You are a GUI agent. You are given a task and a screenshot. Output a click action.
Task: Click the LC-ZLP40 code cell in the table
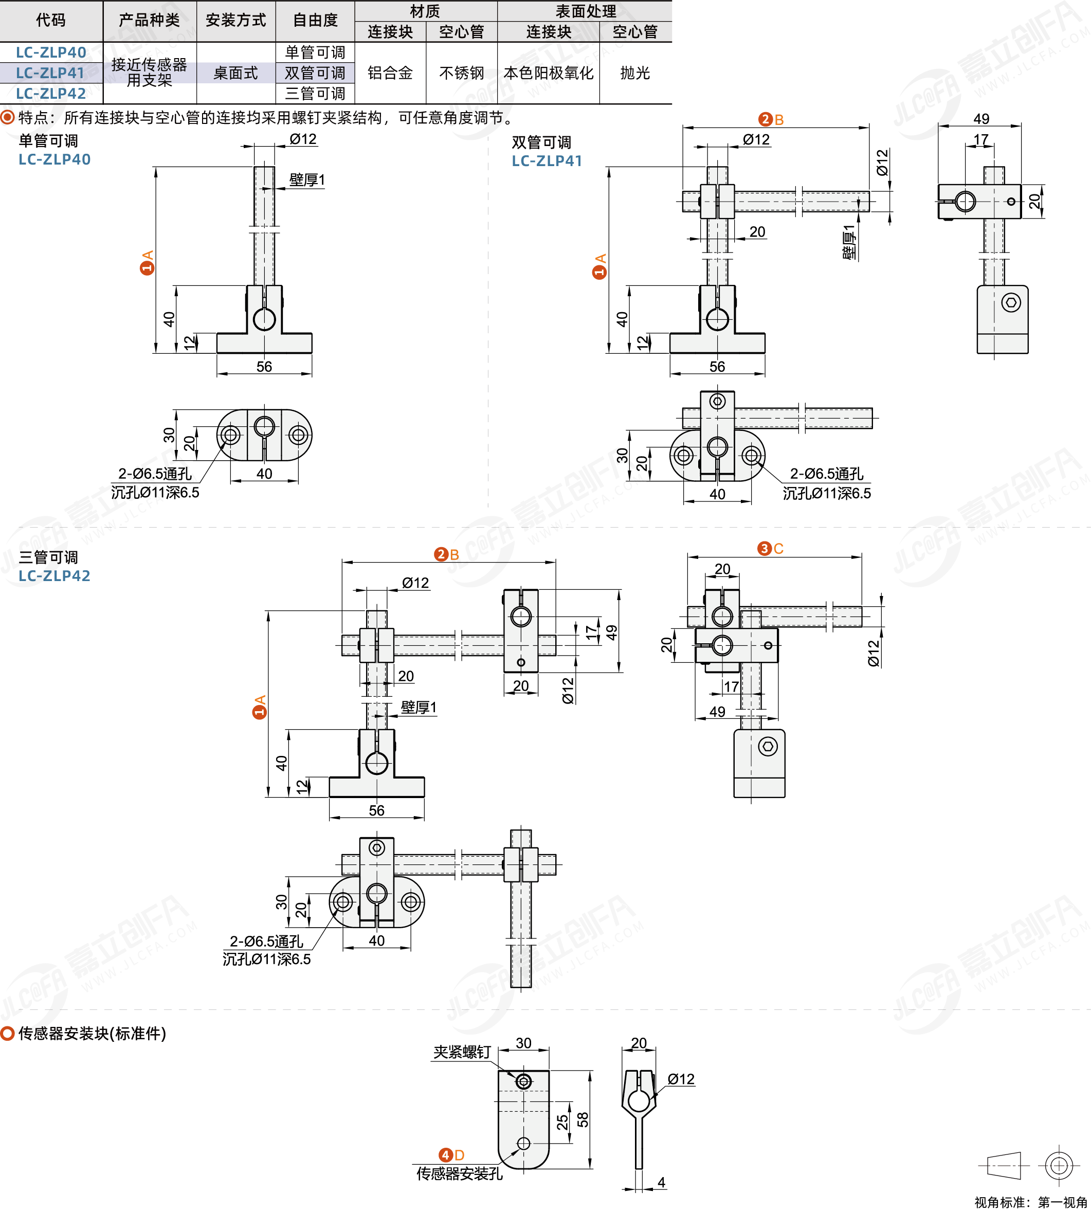[x=51, y=52]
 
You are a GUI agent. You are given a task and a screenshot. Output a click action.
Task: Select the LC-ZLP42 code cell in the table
[x=51, y=94]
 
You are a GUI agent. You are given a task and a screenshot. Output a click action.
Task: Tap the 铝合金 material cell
[x=390, y=73]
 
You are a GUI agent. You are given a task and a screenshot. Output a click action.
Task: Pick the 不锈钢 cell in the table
[x=462, y=73]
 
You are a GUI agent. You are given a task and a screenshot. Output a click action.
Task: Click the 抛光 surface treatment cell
[x=635, y=73]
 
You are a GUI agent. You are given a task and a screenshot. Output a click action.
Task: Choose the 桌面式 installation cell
[x=235, y=73]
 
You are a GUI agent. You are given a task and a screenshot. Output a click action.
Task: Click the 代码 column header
[x=51, y=21]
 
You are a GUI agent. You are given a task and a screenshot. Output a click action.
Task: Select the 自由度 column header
[x=315, y=21]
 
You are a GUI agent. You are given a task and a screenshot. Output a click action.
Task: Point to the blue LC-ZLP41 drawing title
[x=547, y=160]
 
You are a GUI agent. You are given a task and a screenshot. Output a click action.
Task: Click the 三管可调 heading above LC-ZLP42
[x=48, y=557]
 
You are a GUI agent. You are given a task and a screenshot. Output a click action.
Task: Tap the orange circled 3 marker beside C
[x=765, y=549]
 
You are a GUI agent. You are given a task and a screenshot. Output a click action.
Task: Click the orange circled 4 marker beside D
[x=445, y=1155]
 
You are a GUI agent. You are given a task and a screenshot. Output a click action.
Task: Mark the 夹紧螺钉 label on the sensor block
[x=462, y=1052]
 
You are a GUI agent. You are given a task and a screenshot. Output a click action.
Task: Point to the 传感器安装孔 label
[x=460, y=1173]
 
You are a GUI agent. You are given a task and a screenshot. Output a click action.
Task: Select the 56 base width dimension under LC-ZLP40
[x=264, y=366]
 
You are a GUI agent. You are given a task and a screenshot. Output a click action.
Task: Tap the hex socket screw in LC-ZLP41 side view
[x=1011, y=303]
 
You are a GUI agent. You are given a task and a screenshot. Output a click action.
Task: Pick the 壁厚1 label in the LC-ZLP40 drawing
[x=307, y=180]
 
